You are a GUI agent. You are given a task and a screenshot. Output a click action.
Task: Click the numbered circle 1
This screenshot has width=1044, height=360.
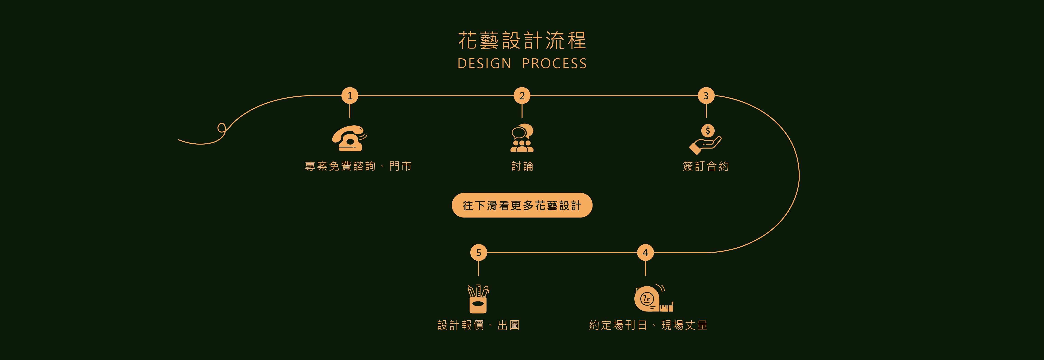pos(350,96)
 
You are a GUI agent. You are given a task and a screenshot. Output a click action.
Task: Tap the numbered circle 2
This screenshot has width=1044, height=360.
pos(522,96)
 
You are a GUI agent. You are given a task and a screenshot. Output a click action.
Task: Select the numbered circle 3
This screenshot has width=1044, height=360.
pos(706,96)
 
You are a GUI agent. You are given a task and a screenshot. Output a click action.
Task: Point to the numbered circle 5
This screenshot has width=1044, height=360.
pos(479,253)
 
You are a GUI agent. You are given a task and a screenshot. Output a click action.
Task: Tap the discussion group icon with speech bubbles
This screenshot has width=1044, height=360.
pos(522,138)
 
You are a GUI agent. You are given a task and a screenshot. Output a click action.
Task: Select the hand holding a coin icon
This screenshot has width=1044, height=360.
pos(705,140)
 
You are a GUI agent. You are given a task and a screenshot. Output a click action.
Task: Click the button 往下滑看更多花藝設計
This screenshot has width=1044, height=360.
pos(522,206)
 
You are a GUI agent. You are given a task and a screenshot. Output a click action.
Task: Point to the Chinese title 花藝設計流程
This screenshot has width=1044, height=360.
pos(522,41)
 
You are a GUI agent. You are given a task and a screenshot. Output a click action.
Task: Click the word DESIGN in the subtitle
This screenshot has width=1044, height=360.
pos(484,64)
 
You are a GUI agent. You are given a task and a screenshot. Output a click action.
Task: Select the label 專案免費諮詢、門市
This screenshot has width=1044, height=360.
pos(358,166)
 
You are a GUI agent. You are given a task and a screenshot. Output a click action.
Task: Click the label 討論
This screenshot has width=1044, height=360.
pos(522,166)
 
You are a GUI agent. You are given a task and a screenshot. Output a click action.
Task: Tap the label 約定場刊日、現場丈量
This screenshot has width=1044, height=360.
pos(648,325)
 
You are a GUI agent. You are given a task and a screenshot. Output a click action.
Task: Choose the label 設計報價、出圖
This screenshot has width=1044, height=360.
pos(479,325)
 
